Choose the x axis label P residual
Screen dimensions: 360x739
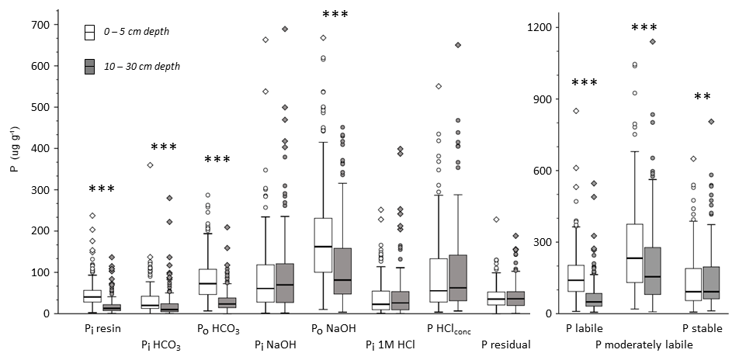click(x=505, y=342)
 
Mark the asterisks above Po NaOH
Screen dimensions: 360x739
click(x=335, y=15)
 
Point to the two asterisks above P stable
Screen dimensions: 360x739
click(x=703, y=97)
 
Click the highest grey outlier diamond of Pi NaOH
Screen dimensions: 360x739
click(x=285, y=29)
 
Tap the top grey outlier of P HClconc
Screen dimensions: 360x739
click(x=458, y=45)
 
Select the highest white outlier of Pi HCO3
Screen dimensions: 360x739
click(x=150, y=165)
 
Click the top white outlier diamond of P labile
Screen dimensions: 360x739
click(x=576, y=111)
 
